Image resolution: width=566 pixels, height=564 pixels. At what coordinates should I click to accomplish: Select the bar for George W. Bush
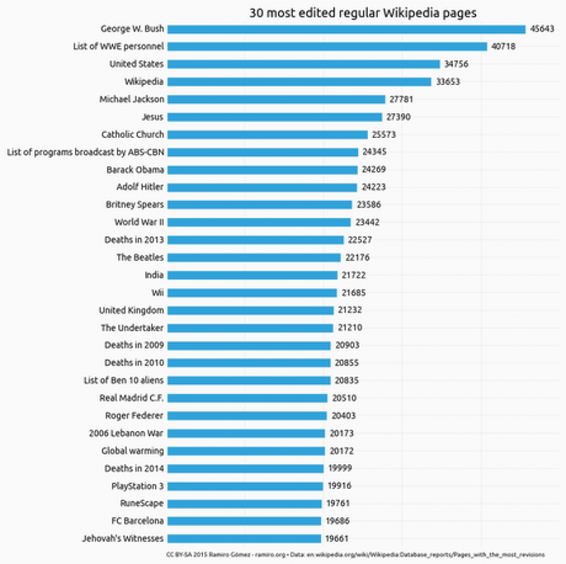[346, 29]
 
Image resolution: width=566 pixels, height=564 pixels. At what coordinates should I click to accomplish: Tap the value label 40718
[504, 47]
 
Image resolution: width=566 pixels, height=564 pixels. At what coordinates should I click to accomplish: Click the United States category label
[137, 64]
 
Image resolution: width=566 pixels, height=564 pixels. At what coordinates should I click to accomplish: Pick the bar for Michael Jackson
[276, 99]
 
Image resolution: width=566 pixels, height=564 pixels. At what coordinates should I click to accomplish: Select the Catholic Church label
[132, 134]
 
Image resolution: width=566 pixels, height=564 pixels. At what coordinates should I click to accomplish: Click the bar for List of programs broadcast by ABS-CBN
[262, 152]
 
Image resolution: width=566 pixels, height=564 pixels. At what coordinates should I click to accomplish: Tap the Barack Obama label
[135, 170]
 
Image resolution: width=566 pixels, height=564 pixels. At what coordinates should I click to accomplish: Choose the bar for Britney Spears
[260, 205]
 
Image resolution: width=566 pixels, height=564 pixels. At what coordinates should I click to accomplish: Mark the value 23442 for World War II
[367, 222]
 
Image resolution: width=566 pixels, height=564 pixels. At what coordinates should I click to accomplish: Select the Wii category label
[157, 292]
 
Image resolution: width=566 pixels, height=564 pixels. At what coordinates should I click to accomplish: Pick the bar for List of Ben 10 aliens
[249, 380]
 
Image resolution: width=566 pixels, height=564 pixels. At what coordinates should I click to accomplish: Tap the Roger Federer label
[134, 415]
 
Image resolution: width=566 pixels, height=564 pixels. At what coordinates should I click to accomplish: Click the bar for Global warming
[246, 451]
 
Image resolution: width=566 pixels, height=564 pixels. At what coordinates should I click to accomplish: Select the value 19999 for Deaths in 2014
[340, 468]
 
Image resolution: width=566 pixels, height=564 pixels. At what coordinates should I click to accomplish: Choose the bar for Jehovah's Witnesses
[244, 538]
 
